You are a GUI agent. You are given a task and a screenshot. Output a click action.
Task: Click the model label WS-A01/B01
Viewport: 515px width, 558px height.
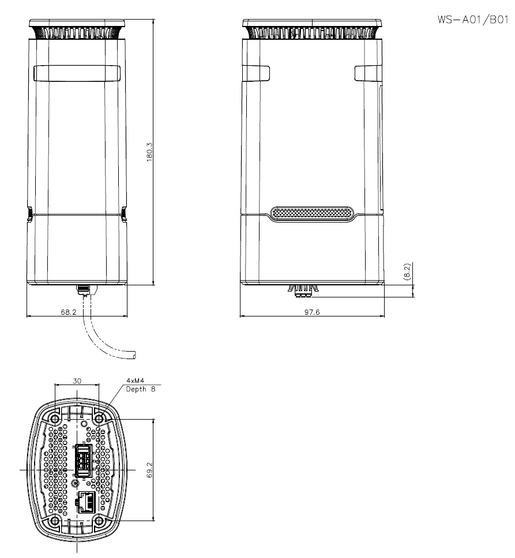(473, 20)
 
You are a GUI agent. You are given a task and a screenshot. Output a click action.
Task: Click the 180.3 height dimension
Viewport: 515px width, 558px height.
(149, 152)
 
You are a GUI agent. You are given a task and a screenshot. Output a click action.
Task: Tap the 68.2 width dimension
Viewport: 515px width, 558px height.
(68, 312)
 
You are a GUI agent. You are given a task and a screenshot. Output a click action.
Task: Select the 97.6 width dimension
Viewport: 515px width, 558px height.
(312, 312)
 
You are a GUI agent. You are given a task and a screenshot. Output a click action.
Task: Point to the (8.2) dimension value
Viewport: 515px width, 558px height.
(408, 272)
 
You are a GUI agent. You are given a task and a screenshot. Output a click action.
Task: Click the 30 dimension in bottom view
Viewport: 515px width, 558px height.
(77, 381)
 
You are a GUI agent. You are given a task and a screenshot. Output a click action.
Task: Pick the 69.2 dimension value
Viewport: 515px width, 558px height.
(149, 470)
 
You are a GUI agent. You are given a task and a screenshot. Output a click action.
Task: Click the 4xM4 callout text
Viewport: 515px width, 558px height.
(136, 381)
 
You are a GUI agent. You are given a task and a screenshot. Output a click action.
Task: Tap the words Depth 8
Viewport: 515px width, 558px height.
(141, 389)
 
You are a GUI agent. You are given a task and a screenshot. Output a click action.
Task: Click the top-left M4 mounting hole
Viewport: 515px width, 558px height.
(55, 419)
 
